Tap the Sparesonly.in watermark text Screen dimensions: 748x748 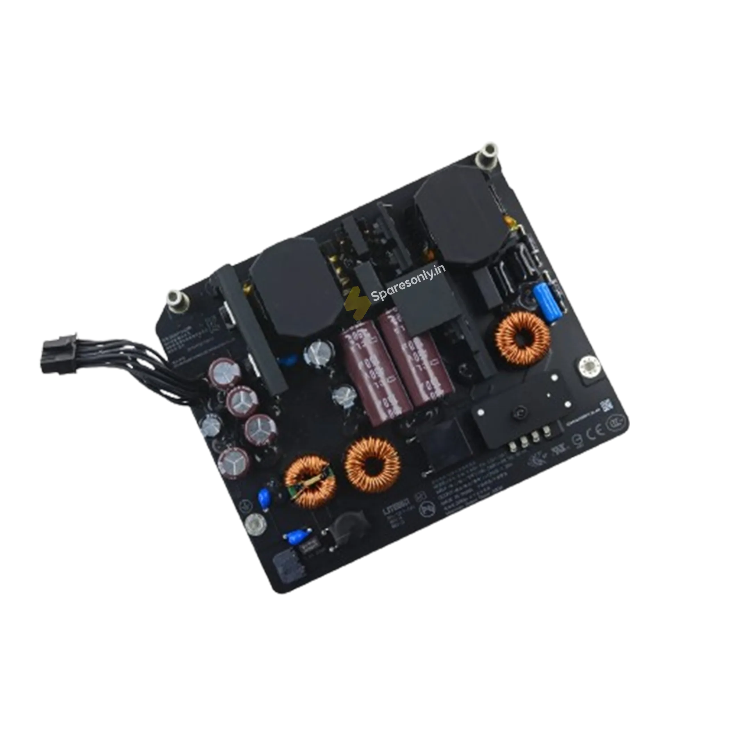pyautogui.click(x=408, y=284)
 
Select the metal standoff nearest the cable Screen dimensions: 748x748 pyautogui.click(x=176, y=300)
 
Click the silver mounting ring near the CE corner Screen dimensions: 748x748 pyautogui.click(x=589, y=366)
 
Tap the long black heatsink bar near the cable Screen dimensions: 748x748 pyautogui.click(x=252, y=329)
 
